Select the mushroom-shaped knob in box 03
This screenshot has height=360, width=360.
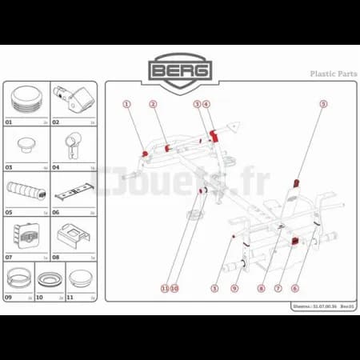[26, 145]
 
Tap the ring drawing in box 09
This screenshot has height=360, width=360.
[20, 279]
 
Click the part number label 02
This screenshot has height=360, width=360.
[56, 123]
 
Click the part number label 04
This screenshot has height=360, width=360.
[56, 168]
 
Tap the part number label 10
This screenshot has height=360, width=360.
[39, 297]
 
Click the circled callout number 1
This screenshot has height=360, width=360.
[126, 104]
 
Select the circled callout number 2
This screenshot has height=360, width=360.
[152, 104]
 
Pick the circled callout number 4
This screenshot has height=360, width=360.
[206, 104]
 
